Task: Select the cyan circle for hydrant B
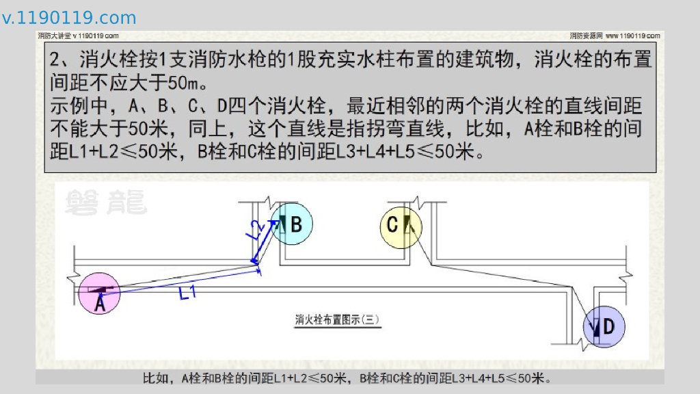click(292, 223)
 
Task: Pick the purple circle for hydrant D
click(604, 326)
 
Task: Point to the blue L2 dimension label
click(254, 230)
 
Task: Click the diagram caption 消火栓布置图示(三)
click(336, 319)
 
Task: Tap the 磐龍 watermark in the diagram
click(106, 202)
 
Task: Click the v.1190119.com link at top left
click(69, 18)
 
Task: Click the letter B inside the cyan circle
click(296, 224)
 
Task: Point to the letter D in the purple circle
click(608, 327)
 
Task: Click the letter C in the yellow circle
click(392, 224)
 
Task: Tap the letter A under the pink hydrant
click(99, 304)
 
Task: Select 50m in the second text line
click(187, 83)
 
